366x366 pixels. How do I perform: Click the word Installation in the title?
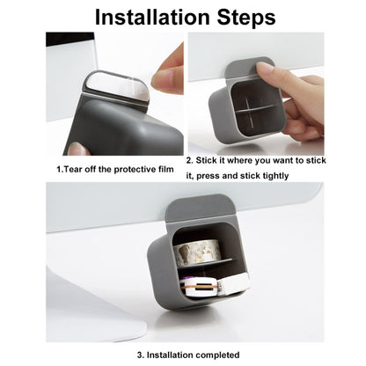click(x=152, y=17)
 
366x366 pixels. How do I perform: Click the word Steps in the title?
click(x=246, y=18)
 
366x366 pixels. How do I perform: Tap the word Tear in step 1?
click(x=73, y=169)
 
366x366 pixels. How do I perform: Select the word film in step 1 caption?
click(x=166, y=169)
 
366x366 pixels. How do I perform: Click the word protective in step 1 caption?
click(x=135, y=170)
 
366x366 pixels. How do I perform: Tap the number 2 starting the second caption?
click(x=190, y=160)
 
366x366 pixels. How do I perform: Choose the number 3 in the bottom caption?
click(x=141, y=355)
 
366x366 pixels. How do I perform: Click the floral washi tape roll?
click(x=196, y=253)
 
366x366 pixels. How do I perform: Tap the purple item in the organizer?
click(x=187, y=278)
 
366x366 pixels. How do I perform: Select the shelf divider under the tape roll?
click(x=204, y=263)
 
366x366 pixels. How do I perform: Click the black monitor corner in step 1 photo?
click(x=70, y=39)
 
